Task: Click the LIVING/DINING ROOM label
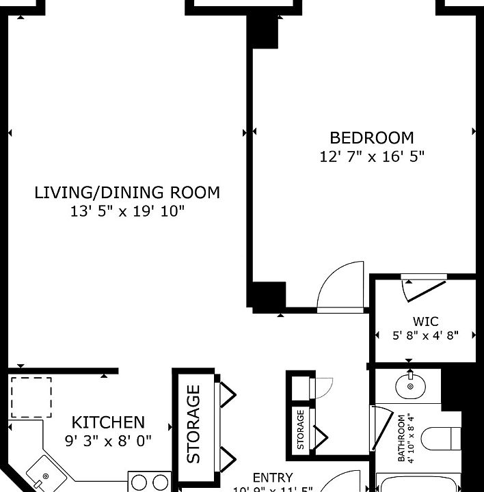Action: click(x=127, y=193)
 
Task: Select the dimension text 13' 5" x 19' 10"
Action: click(x=127, y=212)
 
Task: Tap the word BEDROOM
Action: click(x=372, y=137)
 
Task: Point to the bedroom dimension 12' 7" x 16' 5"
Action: click(x=372, y=156)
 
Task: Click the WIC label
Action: click(x=425, y=321)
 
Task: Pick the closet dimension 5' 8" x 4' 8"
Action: click(x=425, y=336)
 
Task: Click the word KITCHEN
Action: click(x=108, y=422)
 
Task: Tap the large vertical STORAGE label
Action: click(x=194, y=424)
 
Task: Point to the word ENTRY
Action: click(x=273, y=478)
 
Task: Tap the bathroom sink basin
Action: click(x=410, y=386)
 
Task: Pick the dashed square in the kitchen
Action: click(x=31, y=397)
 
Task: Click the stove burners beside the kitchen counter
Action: click(x=149, y=482)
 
